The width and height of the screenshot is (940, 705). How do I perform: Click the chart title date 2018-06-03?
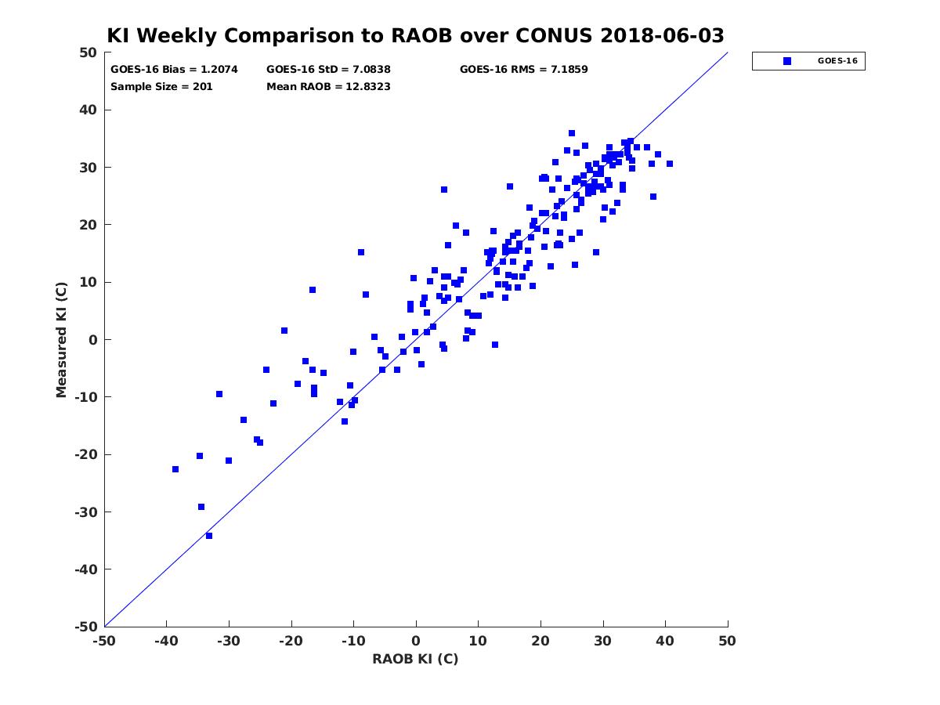pos(662,35)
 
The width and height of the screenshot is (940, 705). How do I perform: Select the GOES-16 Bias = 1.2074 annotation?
pos(174,70)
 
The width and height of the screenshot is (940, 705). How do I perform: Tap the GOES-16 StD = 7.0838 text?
pos(328,70)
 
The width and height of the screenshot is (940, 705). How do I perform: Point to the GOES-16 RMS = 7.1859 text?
pos(523,70)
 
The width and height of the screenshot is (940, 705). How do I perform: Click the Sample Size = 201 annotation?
pos(161,87)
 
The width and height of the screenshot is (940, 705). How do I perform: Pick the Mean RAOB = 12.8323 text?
pos(328,87)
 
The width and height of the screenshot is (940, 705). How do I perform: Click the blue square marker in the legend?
pos(786,61)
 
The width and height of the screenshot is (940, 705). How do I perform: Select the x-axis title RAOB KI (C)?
pos(415,659)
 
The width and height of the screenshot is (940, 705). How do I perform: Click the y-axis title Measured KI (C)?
pos(61,339)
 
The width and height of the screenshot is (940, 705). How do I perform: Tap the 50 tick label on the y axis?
pos(88,52)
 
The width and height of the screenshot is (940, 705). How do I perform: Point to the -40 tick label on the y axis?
pos(85,569)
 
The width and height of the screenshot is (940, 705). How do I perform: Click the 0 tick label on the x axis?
pos(416,641)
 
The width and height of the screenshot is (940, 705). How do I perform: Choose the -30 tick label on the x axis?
pos(229,641)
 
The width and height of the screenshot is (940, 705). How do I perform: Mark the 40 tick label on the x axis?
pos(665,641)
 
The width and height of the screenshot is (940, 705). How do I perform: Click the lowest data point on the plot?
pos(209,536)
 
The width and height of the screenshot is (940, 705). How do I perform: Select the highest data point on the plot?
pos(571,133)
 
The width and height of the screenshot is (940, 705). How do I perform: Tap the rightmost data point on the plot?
pos(669,164)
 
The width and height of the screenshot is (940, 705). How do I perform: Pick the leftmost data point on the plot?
pos(175,469)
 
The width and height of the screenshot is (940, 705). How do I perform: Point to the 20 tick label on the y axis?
pos(88,225)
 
